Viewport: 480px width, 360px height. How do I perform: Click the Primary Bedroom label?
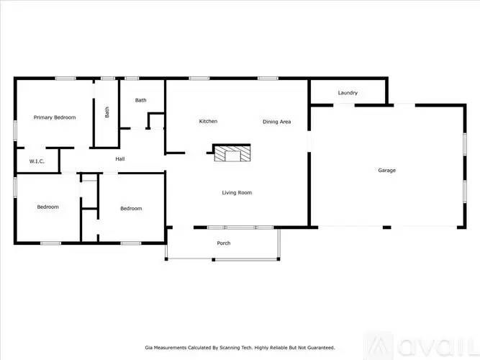pyautogui.click(x=55, y=117)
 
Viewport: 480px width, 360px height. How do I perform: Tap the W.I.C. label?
pyautogui.click(x=37, y=161)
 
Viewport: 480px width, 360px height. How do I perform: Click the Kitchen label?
pyautogui.click(x=208, y=121)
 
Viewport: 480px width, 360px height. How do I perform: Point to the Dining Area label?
pyautogui.click(x=276, y=122)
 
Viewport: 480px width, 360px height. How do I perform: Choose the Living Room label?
pyautogui.click(x=236, y=192)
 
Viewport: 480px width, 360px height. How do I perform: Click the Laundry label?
pyautogui.click(x=348, y=93)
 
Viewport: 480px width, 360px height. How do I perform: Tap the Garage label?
pyautogui.click(x=387, y=171)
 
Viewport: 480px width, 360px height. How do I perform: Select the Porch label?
pyautogui.click(x=224, y=243)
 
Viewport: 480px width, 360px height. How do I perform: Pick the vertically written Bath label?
pyautogui.click(x=107, y=112)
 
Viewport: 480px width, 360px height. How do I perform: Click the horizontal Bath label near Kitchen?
pyautogui.click(x=140, y=100)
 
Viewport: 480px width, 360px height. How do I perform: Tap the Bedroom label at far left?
pyautogui.click(x=47, y=207)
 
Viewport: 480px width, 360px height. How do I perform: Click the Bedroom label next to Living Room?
pyautogui.click(x=131, y=209)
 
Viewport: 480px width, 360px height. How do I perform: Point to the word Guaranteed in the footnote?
pyautogui.click(x=317, y=347)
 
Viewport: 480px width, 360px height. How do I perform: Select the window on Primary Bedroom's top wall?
pyautogui.click(x=66, y=78)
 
